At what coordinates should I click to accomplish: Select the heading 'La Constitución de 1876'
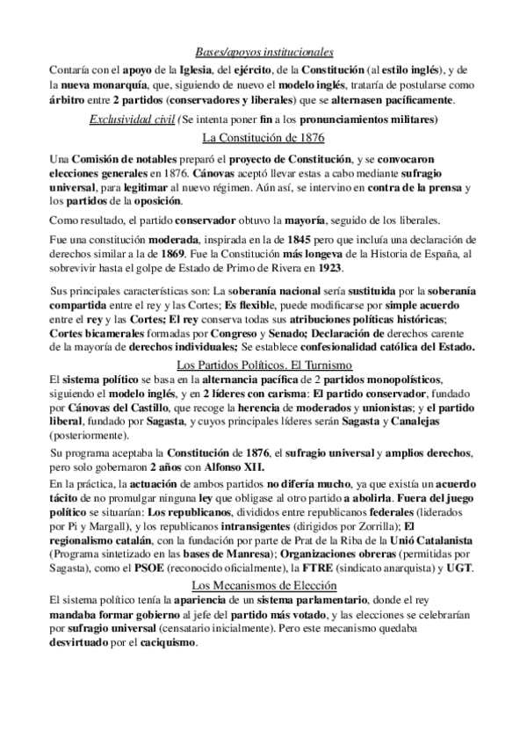[x=263, y=138]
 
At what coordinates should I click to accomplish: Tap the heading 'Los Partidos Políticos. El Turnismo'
[x=264, y=341]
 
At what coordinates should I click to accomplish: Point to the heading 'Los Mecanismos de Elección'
[x=263, y=586]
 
